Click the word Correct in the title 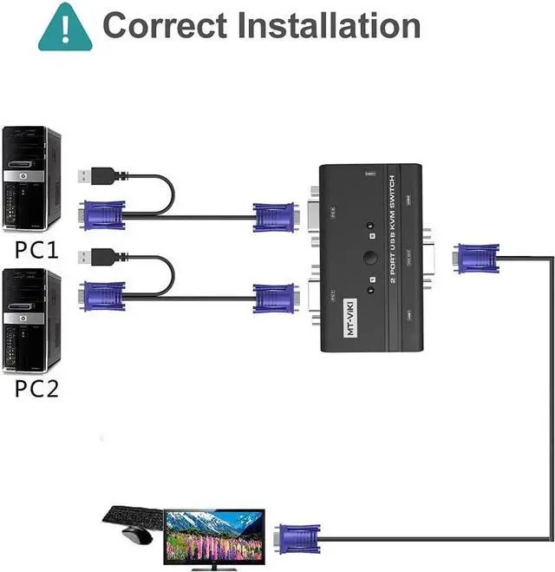pos(164,25)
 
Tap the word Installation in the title pos(329,25)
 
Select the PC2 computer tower pos(33,320)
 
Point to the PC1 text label pos(36,251)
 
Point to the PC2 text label pos(36,388)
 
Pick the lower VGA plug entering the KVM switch pos(277,297)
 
